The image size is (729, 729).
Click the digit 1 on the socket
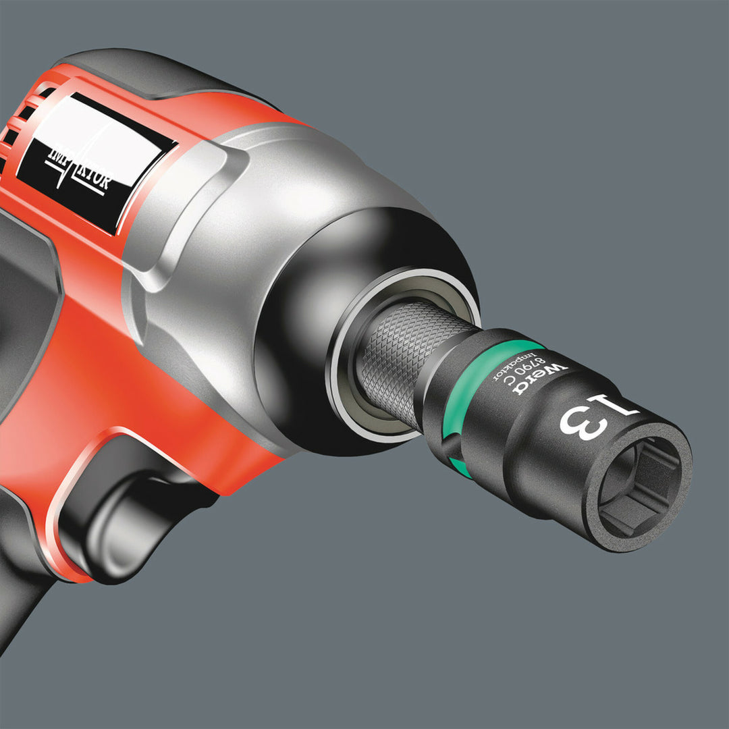pos(614,408)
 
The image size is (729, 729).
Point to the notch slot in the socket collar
pos(446,449)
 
